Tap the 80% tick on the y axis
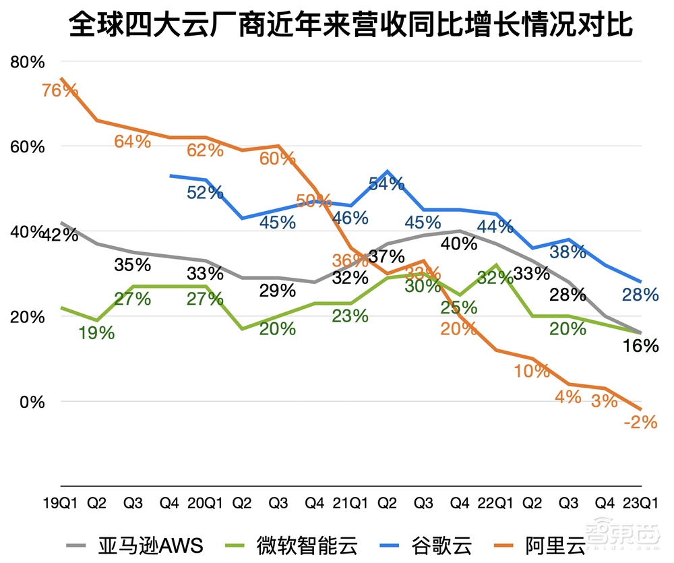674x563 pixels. point(28,62)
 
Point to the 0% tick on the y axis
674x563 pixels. point(32,402)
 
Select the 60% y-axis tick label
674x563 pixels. point(28,147)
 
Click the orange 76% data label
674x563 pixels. point(61,90)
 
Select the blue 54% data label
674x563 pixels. point(387,183)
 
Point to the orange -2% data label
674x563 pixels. point(640,422)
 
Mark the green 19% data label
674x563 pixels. point(97,332)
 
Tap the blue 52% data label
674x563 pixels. point(205,193)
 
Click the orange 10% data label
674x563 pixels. point(532,371)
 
